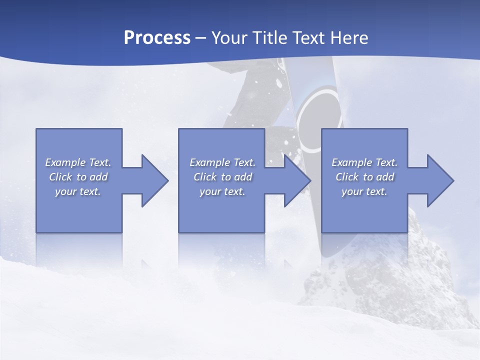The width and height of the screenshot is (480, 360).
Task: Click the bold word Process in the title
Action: click(157, 37)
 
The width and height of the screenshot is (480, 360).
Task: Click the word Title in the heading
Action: click(269, 37)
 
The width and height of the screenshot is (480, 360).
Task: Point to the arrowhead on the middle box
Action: click(296, 180)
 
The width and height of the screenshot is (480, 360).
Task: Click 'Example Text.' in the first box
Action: click(78, 162)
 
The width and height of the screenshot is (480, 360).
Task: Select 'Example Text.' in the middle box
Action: click(222, 162)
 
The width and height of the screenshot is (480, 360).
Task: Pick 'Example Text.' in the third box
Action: click(364, 162)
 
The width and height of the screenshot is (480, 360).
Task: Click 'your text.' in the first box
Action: click(78, 191)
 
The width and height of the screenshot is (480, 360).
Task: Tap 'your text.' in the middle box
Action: click(222, 191)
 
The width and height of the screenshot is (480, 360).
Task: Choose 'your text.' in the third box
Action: click(364, 191)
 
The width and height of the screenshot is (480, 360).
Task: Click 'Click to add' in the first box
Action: click(78, 177)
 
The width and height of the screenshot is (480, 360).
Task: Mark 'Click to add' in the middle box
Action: click(222, 177)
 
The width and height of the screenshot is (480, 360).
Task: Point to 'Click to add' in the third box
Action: click(364, 177)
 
